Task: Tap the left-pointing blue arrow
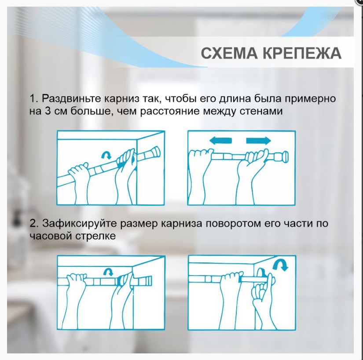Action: (x=220, y=141)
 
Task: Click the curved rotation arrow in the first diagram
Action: (x=106, y=155)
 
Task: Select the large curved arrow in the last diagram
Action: (x=279, y=265)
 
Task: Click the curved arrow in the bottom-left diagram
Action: (x=106, y=271)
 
